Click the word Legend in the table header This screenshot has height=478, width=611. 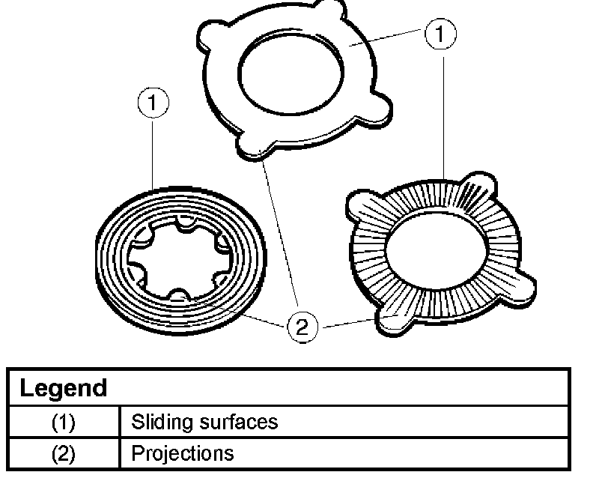pyautogui.click(x=63, y=389)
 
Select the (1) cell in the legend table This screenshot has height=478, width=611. pyautogui.click(x=63, y=422)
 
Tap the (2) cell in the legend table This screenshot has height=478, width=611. pyautogui.click(x=63, y=453)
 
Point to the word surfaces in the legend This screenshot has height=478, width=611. pyautogui.click(x=236, y=422)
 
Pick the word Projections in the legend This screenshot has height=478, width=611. pyautogui.click(x=182, y=453)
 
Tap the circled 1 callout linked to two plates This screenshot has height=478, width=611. pyautogui.click(x=440, y=34)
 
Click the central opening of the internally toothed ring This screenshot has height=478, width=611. pyautogui.click(x=177, y=258)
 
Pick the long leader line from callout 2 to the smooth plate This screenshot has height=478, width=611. pyautogui.click(x=279, y=232)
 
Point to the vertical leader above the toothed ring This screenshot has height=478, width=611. pyautogui.click(x=153, y=150)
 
